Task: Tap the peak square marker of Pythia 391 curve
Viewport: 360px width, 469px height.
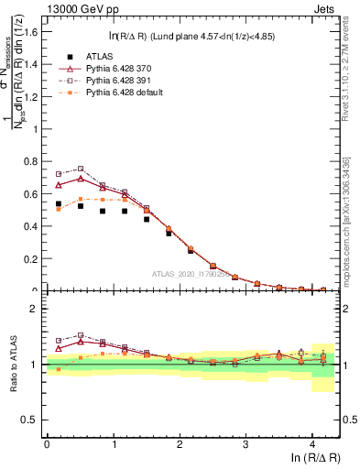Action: (81, 169)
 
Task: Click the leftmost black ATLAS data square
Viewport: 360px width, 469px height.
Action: (59, 203)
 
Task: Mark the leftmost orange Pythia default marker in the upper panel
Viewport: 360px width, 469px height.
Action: (59, 209)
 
